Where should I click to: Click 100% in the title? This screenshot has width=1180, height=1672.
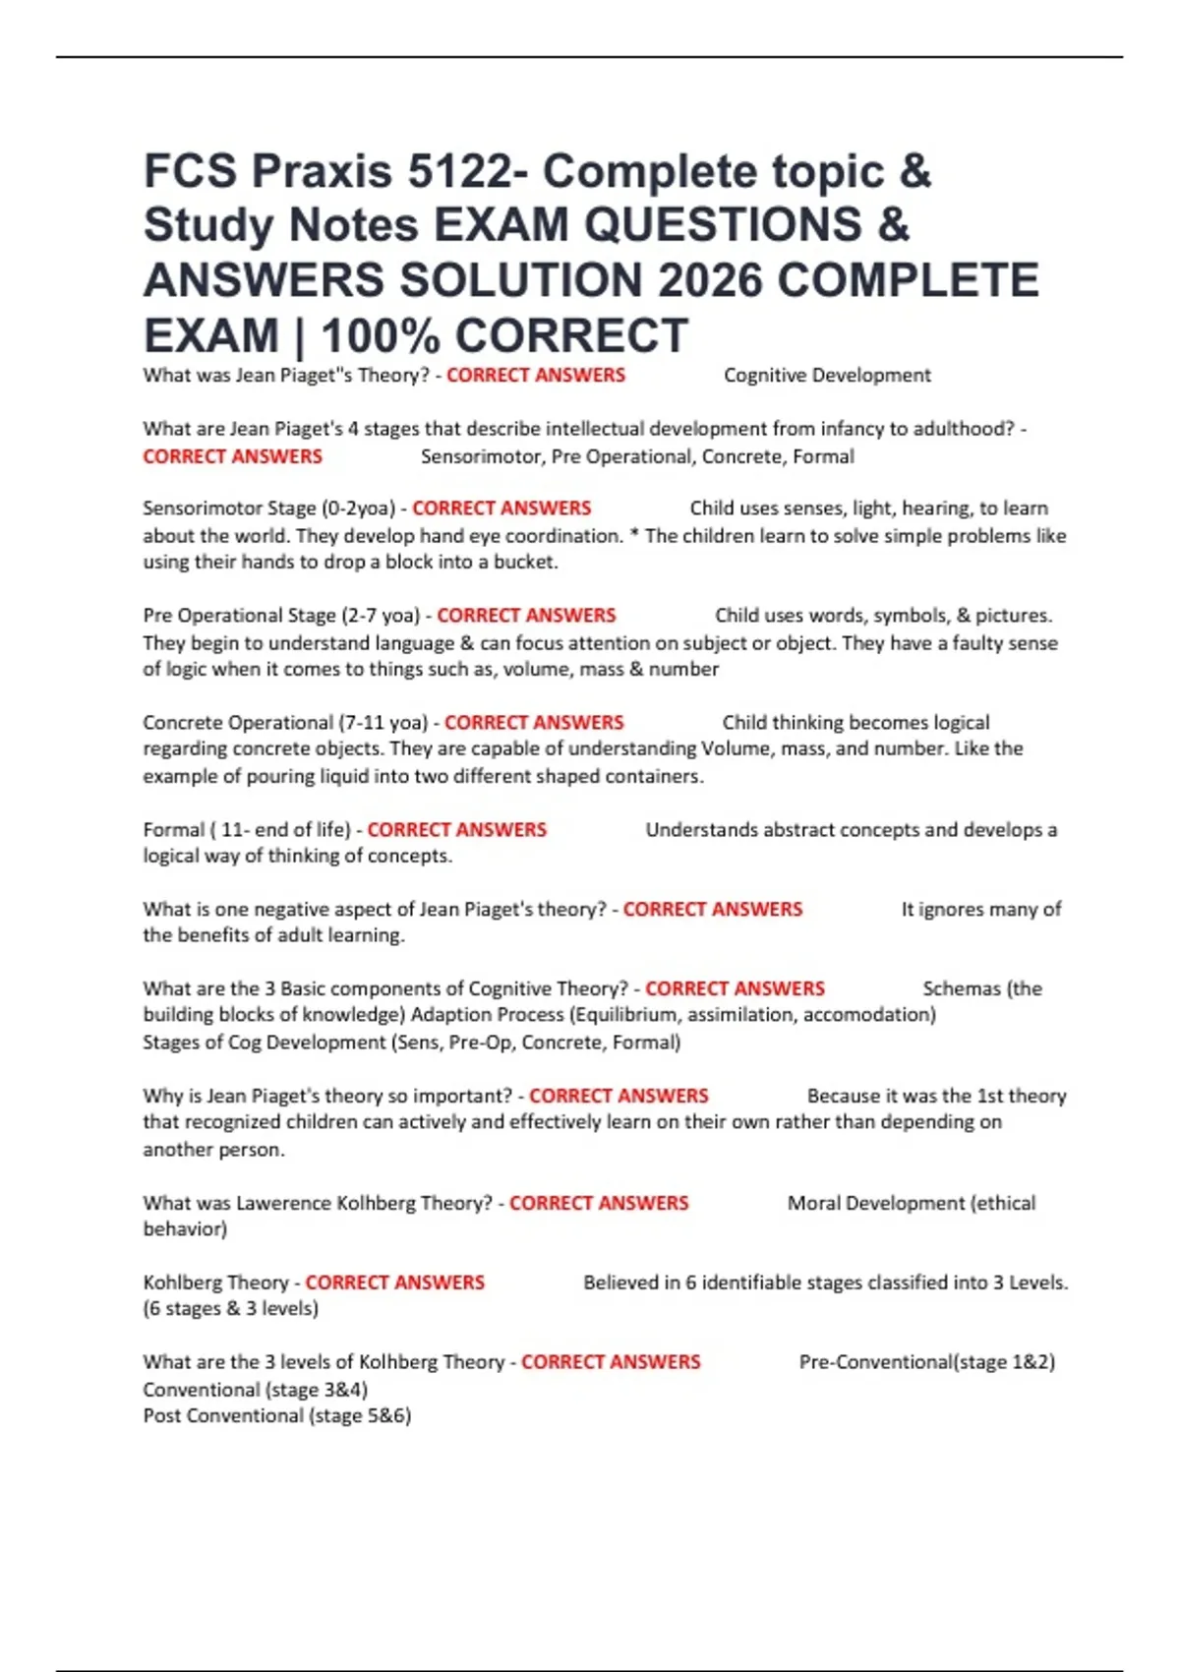point(380,336)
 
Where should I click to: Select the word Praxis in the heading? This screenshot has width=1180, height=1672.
point(323,171)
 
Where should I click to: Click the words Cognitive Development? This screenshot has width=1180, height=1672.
point(827,375)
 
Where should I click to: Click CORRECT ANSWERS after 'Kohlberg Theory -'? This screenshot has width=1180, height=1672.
point(394,1283)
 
